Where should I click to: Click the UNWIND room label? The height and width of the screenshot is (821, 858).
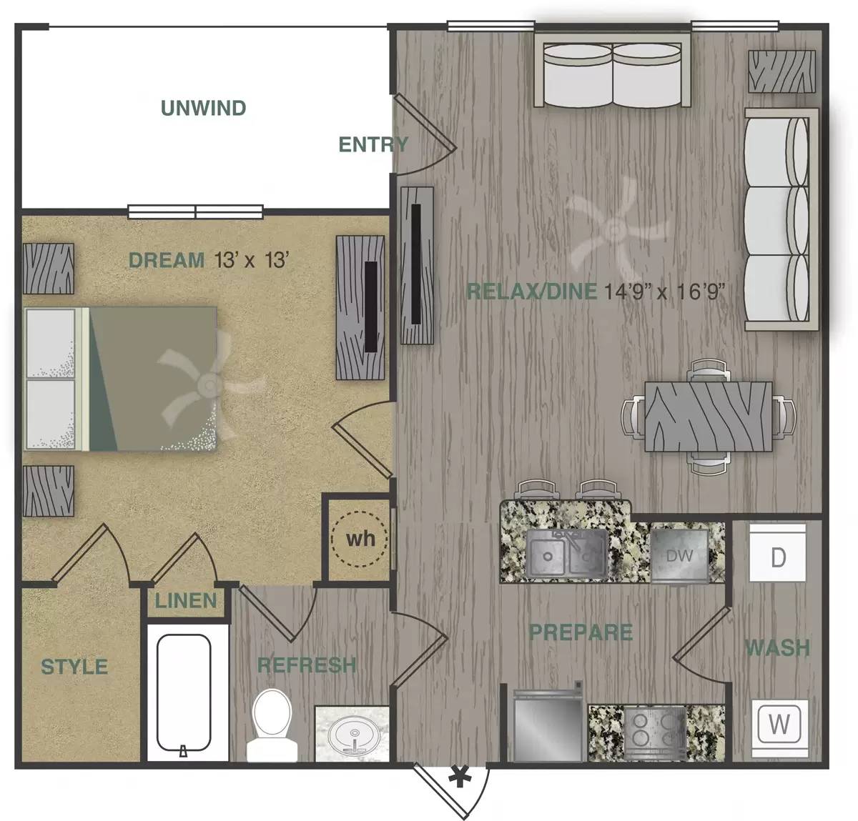203,109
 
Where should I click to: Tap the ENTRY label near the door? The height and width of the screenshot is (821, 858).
373,145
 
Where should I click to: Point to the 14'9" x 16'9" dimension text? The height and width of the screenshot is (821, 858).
665,291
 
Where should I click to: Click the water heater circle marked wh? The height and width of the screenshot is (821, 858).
360,538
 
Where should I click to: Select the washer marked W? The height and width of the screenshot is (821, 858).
779,725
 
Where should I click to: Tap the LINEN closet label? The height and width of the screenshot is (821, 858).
186,601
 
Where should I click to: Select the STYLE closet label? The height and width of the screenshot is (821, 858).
74,667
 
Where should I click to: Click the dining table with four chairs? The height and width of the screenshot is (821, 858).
708,417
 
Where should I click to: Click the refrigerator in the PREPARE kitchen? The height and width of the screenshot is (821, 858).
547,727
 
